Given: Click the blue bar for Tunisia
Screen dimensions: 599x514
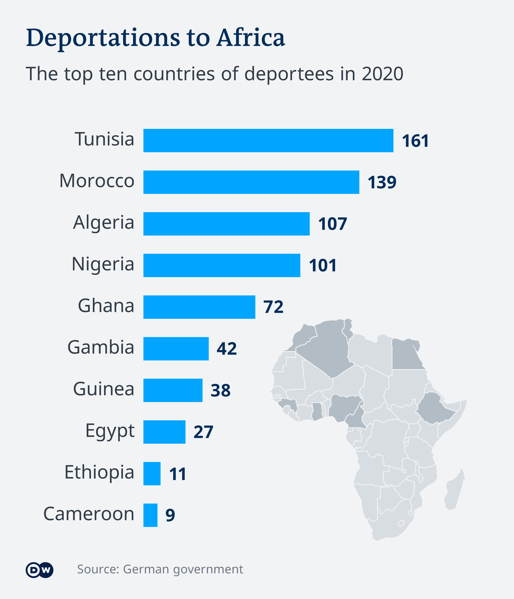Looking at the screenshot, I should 268,140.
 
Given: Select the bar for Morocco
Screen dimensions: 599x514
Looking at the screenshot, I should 251,182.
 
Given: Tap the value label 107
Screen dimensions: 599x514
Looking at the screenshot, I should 332,224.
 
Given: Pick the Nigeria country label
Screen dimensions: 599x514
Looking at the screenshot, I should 103,264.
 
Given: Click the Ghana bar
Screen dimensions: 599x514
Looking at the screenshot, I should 199,307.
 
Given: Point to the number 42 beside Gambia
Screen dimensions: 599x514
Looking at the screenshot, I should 226,349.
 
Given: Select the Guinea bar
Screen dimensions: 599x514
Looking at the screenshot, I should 173,390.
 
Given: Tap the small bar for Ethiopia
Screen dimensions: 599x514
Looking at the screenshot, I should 152,474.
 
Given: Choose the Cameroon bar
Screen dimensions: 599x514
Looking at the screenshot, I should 150,515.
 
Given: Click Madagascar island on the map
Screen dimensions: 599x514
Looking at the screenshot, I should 454,492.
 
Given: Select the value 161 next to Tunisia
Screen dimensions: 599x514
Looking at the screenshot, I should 415,141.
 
